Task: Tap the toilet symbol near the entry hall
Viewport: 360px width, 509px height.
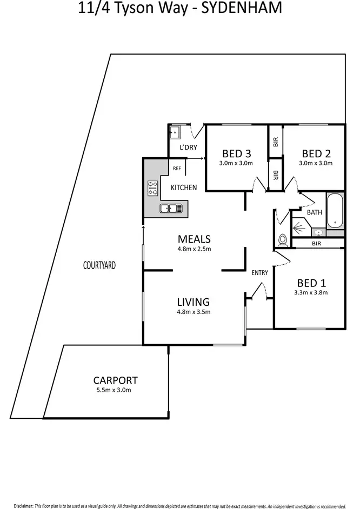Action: coord(282,240)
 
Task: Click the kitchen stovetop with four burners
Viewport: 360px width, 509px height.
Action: coord(152,187)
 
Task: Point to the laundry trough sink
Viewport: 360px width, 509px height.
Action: coord(175,132)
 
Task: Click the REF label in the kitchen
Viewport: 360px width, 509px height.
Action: coord(177,169)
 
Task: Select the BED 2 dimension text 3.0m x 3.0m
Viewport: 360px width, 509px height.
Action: coord(316,163)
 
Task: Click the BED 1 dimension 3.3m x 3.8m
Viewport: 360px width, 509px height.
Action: coord(311,292)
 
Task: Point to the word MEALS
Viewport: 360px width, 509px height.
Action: coord(194,239)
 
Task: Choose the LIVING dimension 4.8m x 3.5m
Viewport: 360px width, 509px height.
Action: coord(194,312)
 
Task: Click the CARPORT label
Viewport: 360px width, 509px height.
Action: coord(115,380)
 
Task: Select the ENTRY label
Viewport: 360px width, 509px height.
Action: coord(259,273)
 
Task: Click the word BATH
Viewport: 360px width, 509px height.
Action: coord(315,212)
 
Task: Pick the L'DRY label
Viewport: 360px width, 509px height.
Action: coord(180,147)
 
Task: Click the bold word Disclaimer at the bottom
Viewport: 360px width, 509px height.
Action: coord(23,491)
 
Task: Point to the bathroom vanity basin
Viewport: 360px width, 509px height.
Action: coord(319,233)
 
